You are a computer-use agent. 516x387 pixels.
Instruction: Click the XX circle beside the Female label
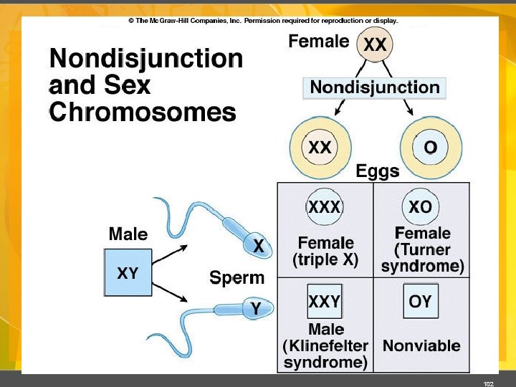click(x=375, y=45)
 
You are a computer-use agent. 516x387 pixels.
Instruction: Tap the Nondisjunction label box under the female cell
click(x=374, y=88)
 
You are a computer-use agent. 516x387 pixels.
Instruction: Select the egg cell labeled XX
click(x=320, y=148)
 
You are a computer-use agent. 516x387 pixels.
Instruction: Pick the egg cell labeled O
click(x=430, y=148)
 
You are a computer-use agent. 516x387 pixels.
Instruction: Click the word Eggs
click(x=378, y=172)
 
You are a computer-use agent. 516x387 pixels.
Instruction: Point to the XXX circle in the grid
click(x=325, y=208)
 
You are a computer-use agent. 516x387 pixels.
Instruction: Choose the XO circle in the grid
click(x=421, y=208)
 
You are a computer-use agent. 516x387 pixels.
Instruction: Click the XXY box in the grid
click(x=324, y=302)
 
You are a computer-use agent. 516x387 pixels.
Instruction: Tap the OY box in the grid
click(x=421, y=302)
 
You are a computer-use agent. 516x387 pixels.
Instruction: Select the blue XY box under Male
click(x=128, y=272)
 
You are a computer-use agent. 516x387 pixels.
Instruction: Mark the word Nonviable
click(x=421, y=346)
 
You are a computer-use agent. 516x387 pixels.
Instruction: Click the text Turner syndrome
click(x=423, y=259)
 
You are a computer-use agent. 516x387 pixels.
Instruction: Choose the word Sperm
click(x=236, y=277)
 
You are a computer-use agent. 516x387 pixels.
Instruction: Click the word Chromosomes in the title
click(x=143, y=113)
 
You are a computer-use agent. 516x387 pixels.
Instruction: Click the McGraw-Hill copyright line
click(x=263, y=21)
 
